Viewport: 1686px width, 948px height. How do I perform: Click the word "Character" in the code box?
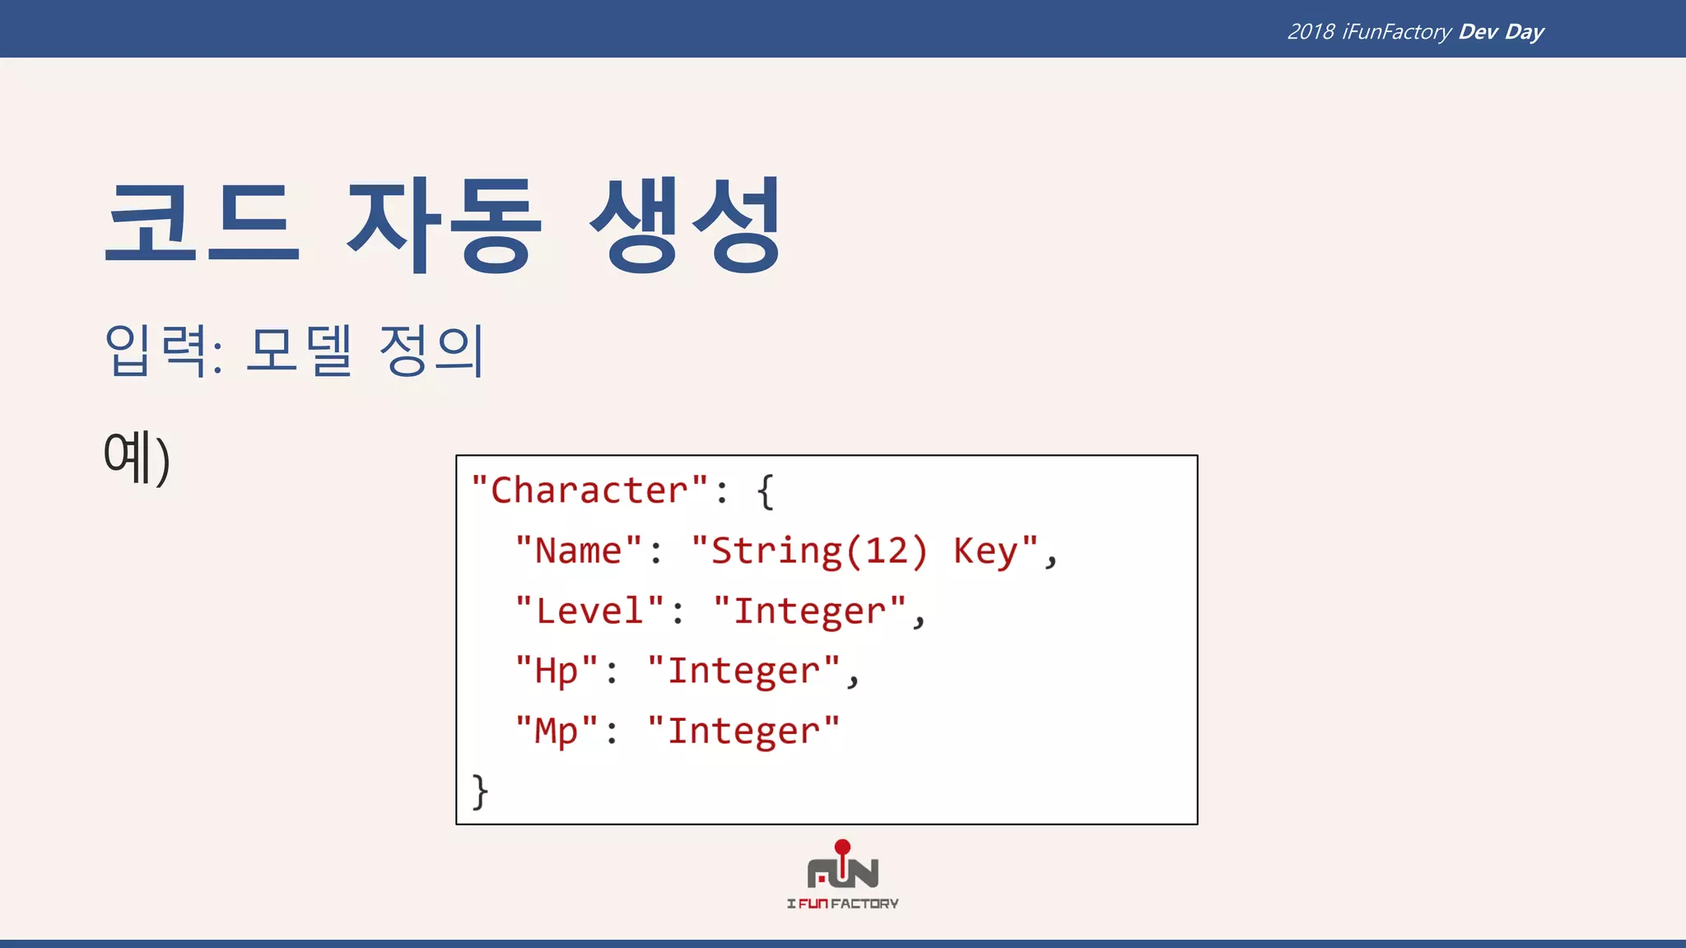[x=589, y=490]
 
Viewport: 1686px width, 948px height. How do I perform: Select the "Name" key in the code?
[x=579, y=551]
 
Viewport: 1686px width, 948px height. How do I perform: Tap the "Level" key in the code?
[x=589, y=611]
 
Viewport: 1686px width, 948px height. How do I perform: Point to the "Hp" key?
[x=556, y=671]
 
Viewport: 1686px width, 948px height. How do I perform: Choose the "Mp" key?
[x=556, y=731]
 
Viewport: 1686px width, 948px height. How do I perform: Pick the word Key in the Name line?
[x=985, y=551]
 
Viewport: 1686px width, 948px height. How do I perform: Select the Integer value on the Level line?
[x=809, y=611]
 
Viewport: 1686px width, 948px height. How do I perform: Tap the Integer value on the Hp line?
[x=743, y=671]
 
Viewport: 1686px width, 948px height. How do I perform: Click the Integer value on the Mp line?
[x=743, y=731]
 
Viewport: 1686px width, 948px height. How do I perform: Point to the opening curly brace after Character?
[x=766, y=491]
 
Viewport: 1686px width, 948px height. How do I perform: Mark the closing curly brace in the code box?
[x=480, y=792]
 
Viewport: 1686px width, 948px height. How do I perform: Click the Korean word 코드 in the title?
[x=202, y=222]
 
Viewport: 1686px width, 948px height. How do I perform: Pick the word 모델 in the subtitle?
[x=299, y=351]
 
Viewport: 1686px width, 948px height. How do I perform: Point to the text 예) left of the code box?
[x=137, y=457]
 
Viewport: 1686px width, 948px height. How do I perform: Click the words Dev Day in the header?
[x=1501, y=31]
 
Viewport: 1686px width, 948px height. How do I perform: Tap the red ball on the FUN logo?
[x=842, y=847]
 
